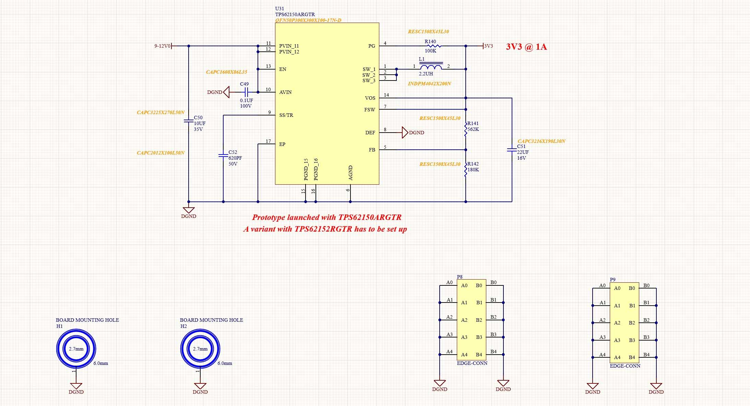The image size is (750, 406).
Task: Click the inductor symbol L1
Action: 431,67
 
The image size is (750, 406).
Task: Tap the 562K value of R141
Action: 473,130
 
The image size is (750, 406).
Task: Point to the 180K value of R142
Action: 473,170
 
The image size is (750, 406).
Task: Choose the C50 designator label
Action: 198,118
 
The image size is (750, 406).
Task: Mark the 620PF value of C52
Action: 235,158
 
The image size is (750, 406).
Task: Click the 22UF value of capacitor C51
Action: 523,152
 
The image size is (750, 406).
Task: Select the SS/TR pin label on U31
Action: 286,115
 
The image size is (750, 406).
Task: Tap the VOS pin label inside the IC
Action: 370,98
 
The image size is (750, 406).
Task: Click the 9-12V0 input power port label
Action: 162,46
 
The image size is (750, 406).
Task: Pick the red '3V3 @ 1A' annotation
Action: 526,47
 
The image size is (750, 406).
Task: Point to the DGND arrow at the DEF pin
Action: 405,133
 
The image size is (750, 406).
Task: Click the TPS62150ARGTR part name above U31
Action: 295,14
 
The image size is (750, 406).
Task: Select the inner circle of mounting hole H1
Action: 76,349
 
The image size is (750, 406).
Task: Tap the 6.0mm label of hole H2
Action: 225,363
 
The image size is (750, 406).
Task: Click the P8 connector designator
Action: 460,277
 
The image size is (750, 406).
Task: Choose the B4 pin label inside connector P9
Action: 632,357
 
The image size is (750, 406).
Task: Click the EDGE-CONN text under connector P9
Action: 625,366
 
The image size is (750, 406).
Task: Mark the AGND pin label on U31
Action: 350,173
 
